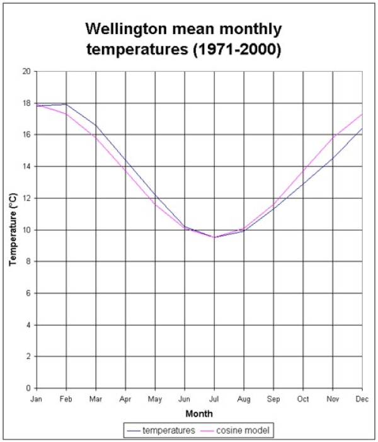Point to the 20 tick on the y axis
(26, 71)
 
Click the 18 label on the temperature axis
(26, 103)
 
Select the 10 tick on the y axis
(26, 230)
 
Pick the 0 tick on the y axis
(28, 388)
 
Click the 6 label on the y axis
(28, 293)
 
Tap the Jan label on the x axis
(37, 399)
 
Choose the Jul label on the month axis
(214, 399)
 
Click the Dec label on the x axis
(362, 399)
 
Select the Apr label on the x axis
(125, 399)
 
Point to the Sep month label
(273, 399)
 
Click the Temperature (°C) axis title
(13, 230)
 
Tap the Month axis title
(199, 414)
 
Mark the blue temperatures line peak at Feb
(66, 104)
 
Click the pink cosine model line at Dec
(362, 115)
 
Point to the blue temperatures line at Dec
(362, 128)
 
